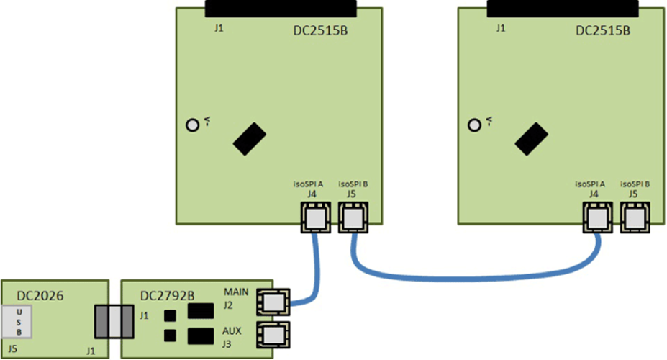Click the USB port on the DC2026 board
click(19, 321)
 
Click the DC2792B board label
click(168, 294)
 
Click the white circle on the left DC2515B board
click(192, 125)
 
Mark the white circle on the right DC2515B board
click(474, 125)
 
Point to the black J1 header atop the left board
click(281, 9)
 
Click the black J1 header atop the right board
click(563, 9)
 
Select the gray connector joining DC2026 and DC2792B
click(115, 321)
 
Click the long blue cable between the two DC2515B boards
click(475, 273)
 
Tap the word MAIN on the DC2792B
click(236, 292)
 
